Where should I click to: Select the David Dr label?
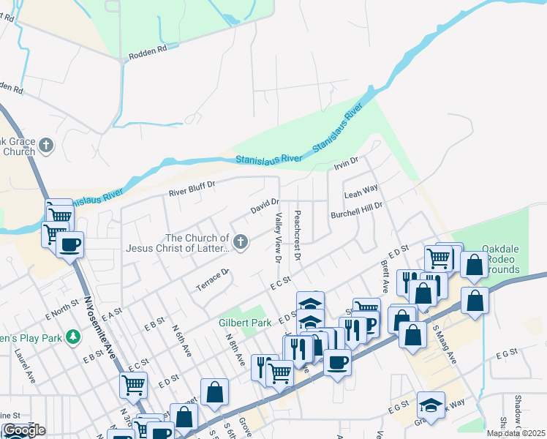pyautogui.click(x=265, y=206)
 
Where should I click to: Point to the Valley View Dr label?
pyautogui.click(x=278, y=238)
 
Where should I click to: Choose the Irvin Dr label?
pyautogui.click(x=346, y=163)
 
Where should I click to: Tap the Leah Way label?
pyautogui.click(x=361, y=192)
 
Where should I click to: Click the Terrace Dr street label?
pyautogui.click(x=213, y=281)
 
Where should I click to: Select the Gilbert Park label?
pyautogui.click(x=244, y=322)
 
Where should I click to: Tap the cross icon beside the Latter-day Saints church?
pyautogui.click(x=241, y=240)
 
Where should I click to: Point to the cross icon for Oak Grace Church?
pyautogui.click(x=46, y=145)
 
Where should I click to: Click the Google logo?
pyautogui.click(x=23, y=430)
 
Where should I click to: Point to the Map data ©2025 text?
pyautogui.click(x=514, y=433)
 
